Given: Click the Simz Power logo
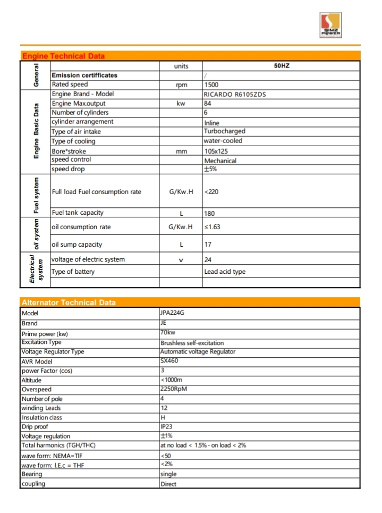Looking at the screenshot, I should (x=333, y=26).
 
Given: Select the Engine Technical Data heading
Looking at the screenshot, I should (x=63, y=56).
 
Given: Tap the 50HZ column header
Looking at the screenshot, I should (x=281, y=66).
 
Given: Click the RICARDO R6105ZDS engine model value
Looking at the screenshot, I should (x=235, y=94).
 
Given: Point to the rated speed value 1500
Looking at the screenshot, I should (x=211, y=85).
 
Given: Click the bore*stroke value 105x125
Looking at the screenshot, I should (x=216, y=151).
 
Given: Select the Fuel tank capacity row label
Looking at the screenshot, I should (x=78, y=213).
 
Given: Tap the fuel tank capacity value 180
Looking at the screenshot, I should (x=210, y=213).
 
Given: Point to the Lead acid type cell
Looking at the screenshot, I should (x=225, y=272).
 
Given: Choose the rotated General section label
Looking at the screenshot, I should (x=36, y=75).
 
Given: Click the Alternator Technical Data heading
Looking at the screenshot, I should (x=69, y=302).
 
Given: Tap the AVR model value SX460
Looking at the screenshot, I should (x=170, y=361).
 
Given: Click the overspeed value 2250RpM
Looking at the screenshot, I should (x=174, y=389).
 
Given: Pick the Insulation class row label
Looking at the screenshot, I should (x=42, y=418).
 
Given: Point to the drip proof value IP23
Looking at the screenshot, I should (x=166, y=427).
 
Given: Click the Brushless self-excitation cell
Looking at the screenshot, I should (x=192, y=343).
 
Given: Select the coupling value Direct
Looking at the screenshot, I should (x=168, y=484).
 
